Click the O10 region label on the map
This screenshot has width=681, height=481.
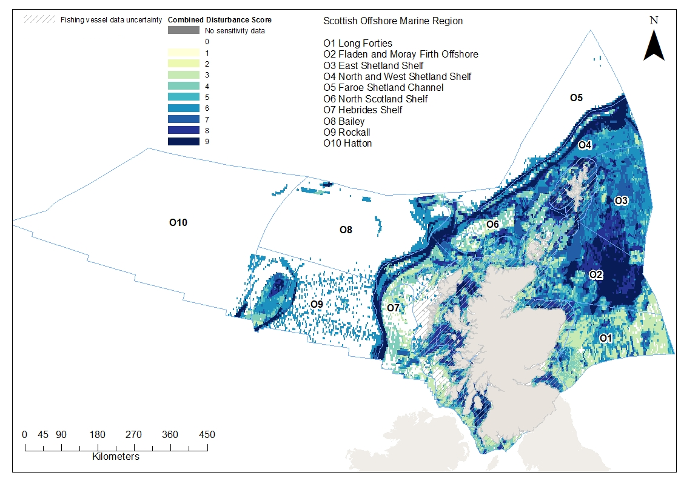[178, 223]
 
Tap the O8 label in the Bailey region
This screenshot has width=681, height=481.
[346, 230]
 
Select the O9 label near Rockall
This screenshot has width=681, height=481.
[317, 304]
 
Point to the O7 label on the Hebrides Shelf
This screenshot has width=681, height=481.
[394, 308]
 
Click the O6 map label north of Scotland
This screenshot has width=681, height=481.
[492, 224]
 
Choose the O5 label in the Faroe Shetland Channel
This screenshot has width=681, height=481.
[576, 98]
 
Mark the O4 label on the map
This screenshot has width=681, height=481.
[585, 145]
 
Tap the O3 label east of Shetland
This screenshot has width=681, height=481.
[621, 201]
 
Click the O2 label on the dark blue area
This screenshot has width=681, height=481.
[596, 274]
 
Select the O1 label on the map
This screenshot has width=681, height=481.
[605, 337]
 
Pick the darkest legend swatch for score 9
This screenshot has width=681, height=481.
[183, 141]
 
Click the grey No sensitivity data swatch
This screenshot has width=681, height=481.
[183, 30]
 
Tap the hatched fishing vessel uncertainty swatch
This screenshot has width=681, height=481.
[38, 19]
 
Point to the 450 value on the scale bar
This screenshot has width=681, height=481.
[207, 434]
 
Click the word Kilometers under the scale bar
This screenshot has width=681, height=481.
[116, 456]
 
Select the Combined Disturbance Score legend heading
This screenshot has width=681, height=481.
[220, 19]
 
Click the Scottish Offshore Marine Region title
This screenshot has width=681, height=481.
[393, 21]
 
